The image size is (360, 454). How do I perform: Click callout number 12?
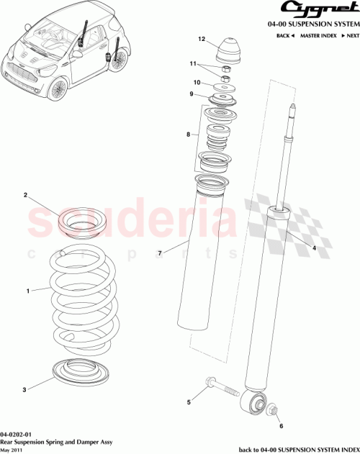coord(202,39)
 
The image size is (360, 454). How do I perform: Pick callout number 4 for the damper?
coord(314,248)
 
